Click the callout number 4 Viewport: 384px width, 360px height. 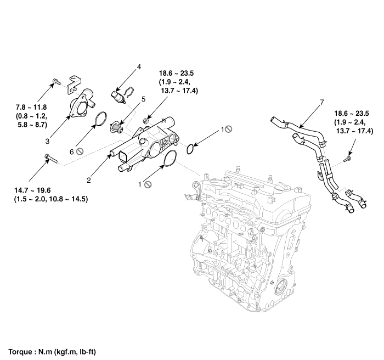coord(139,67)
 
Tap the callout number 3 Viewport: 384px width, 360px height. coord(48,141)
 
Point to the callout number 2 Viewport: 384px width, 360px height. coord(88,179)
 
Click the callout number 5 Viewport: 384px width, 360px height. coord(143,99)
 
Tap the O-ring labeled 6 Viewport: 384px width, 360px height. coord(100,119)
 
